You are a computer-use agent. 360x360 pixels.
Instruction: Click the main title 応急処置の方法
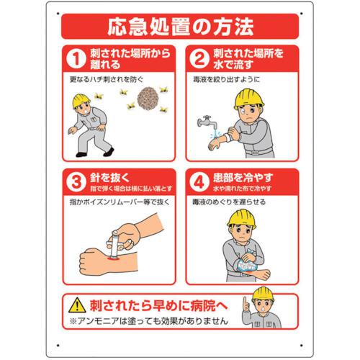click(180, 29)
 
